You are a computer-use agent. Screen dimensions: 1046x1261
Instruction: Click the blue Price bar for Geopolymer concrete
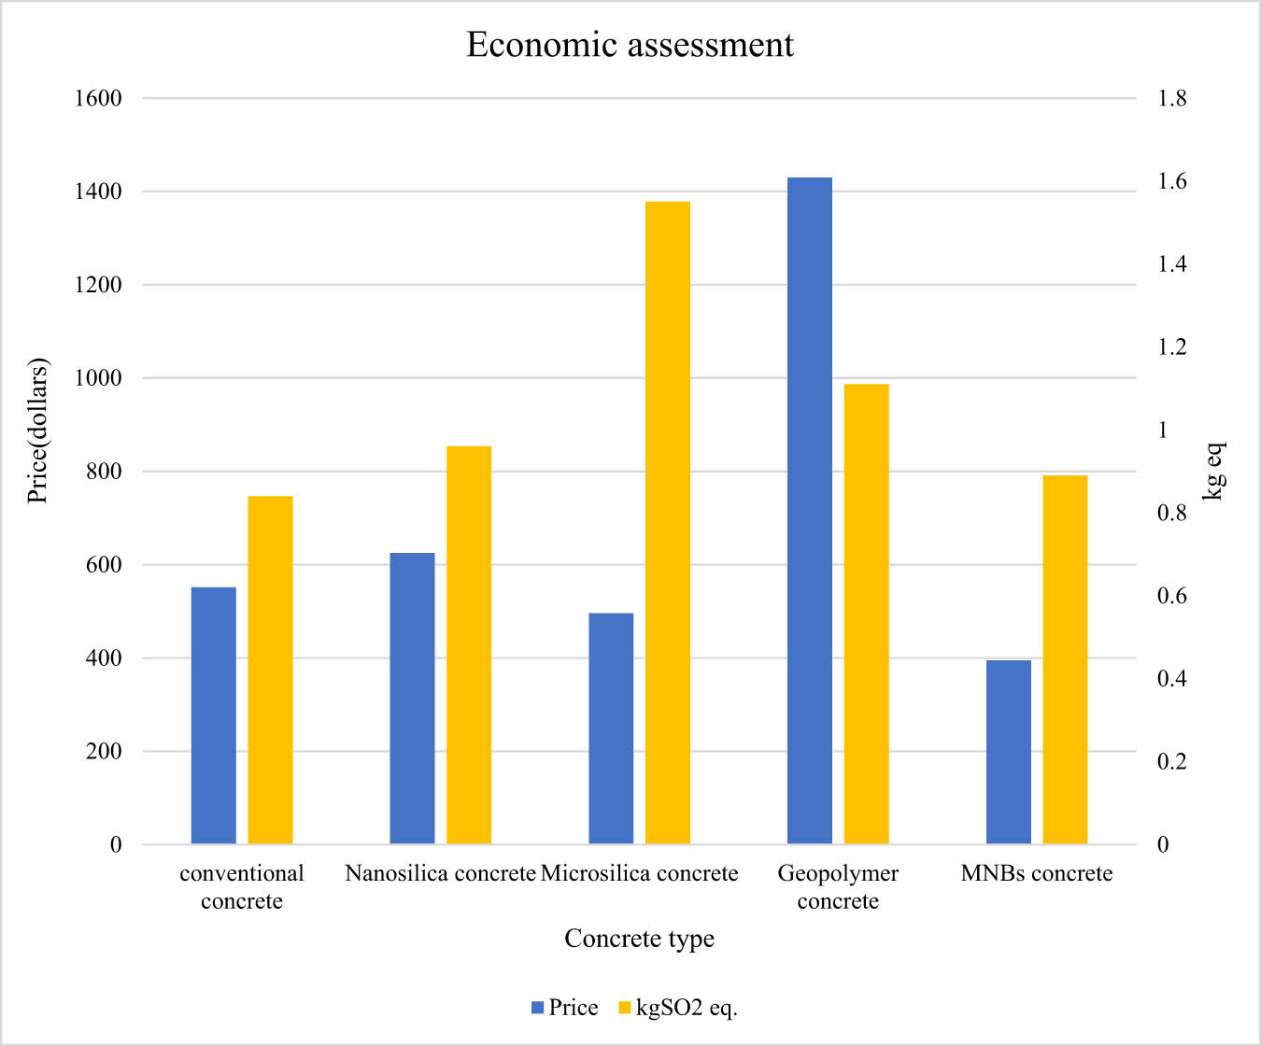810,511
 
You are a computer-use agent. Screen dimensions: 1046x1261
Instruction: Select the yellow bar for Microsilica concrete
668,523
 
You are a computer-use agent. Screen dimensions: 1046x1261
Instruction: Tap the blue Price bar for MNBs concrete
1009,752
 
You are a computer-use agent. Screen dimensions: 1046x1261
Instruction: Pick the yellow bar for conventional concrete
270,670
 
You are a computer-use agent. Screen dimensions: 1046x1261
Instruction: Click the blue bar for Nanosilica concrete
412,699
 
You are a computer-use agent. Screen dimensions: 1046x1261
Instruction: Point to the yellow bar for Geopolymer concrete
867,614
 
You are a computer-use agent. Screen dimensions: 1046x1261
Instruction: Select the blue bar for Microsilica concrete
611,728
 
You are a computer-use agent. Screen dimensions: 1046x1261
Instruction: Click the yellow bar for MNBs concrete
1066,659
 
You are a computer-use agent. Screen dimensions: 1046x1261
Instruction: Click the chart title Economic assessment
630,45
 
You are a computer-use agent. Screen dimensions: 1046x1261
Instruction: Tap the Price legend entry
564,1008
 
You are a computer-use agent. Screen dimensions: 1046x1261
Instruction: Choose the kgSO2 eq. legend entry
678,1008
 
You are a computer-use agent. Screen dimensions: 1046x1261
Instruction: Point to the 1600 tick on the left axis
98,98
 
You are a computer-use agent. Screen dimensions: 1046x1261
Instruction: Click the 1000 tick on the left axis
98,378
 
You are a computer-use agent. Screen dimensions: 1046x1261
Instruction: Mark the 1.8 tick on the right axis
1171,98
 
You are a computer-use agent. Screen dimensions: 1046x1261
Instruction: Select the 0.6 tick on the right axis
1171,596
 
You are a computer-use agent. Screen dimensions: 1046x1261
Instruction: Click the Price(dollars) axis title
37,431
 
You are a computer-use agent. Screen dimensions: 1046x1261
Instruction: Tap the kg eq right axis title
1212,472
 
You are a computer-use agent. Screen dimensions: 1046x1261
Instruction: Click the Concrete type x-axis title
639,939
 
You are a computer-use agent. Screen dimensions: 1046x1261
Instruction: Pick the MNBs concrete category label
1037,873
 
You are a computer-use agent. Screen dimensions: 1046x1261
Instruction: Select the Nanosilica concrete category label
440,873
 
